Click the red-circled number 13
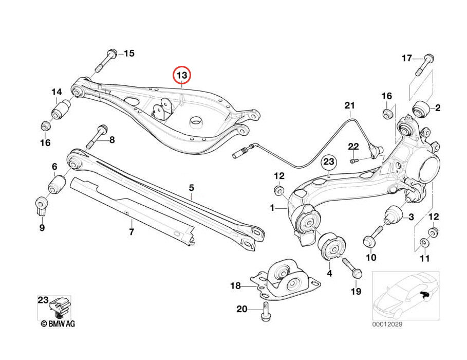[x=181, y=75]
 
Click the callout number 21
[x=349, y=106]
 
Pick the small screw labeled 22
[x=354, y=160]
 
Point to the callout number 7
[x=131, y=232]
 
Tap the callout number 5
[x=191, y=188]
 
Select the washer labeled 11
[x=424, y=242]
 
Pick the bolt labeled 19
[x=354, y=270]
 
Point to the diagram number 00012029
[x=389, y=325]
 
